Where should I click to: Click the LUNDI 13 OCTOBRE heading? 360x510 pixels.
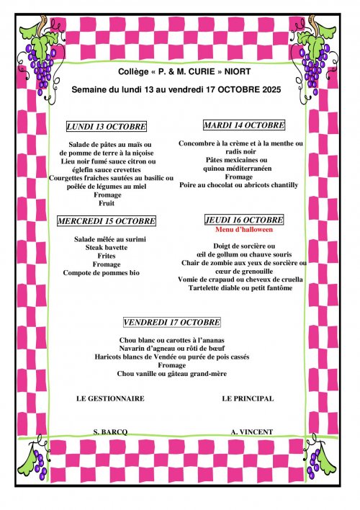107,127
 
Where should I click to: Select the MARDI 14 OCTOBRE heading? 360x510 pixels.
244,125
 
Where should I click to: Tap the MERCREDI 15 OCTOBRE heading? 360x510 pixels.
107,221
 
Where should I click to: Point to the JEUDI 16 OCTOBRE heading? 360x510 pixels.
244,220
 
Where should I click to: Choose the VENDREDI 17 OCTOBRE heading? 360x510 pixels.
172,322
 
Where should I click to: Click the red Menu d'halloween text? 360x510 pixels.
244,230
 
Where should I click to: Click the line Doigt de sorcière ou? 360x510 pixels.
244,246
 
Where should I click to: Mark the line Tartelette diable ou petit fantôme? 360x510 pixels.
244,288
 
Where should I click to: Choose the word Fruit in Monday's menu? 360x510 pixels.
107,204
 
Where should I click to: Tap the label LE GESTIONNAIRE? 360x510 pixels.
110,398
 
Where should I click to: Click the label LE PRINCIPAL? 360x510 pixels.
248,398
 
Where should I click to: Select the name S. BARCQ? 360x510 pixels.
110,431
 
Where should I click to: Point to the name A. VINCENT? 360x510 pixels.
252,431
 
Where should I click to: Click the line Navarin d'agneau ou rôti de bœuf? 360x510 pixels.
172,348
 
